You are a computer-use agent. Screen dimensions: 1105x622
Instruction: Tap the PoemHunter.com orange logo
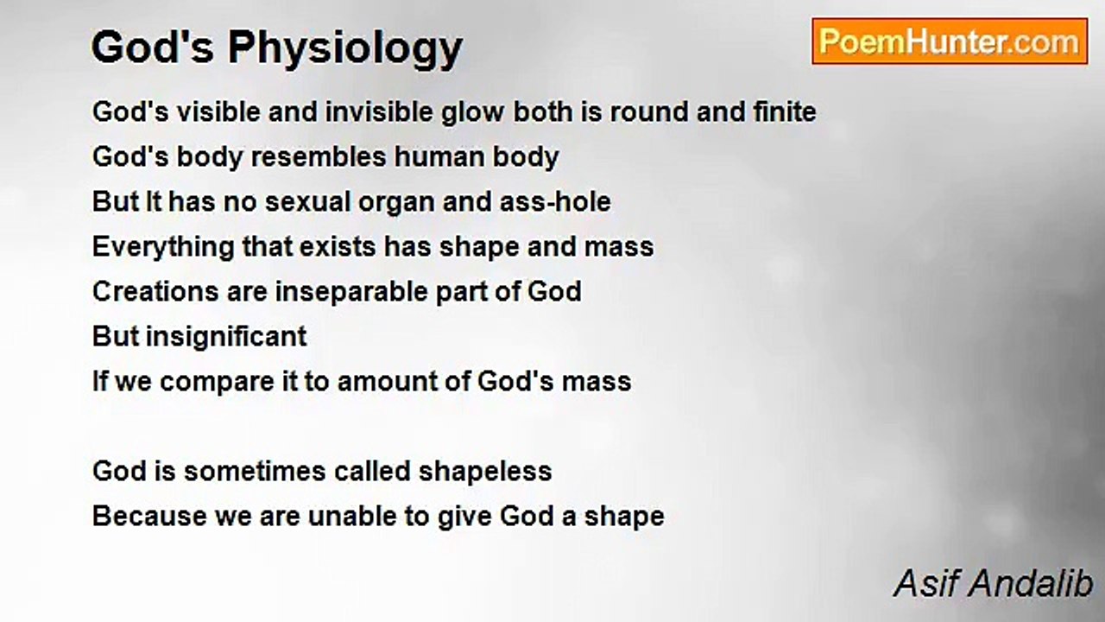tap(950, 41)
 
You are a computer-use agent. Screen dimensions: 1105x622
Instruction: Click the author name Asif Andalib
tap(993, 583)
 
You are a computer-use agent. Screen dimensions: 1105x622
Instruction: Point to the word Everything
tap(163, 248)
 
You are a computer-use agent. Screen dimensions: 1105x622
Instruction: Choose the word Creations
tap(155, 292)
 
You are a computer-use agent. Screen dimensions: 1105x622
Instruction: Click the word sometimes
tap(255, 472)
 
